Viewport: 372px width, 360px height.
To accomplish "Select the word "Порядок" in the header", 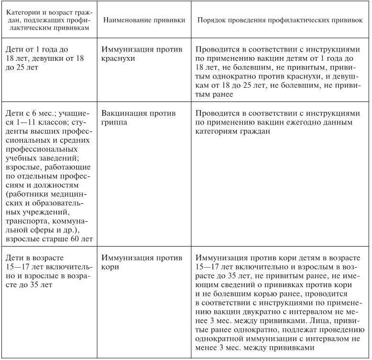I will tap(212, 22).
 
